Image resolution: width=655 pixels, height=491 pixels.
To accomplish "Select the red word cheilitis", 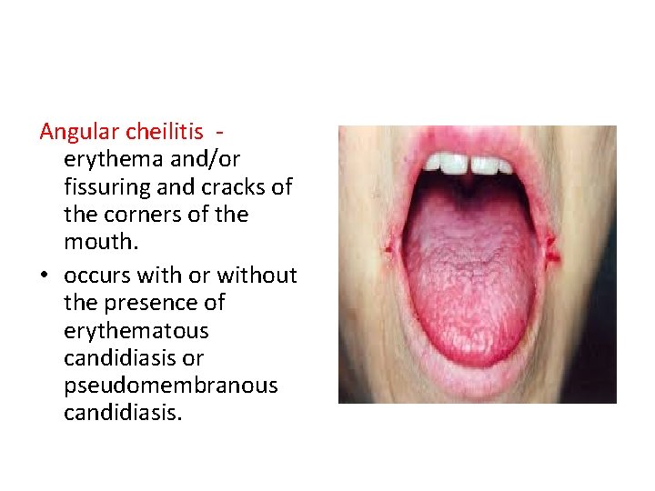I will [165, 133].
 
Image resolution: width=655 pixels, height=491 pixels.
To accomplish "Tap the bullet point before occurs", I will [45, 275].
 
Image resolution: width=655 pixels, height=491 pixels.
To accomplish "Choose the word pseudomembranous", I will [171, 386].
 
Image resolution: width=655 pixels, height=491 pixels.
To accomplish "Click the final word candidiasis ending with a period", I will [123, 413].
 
